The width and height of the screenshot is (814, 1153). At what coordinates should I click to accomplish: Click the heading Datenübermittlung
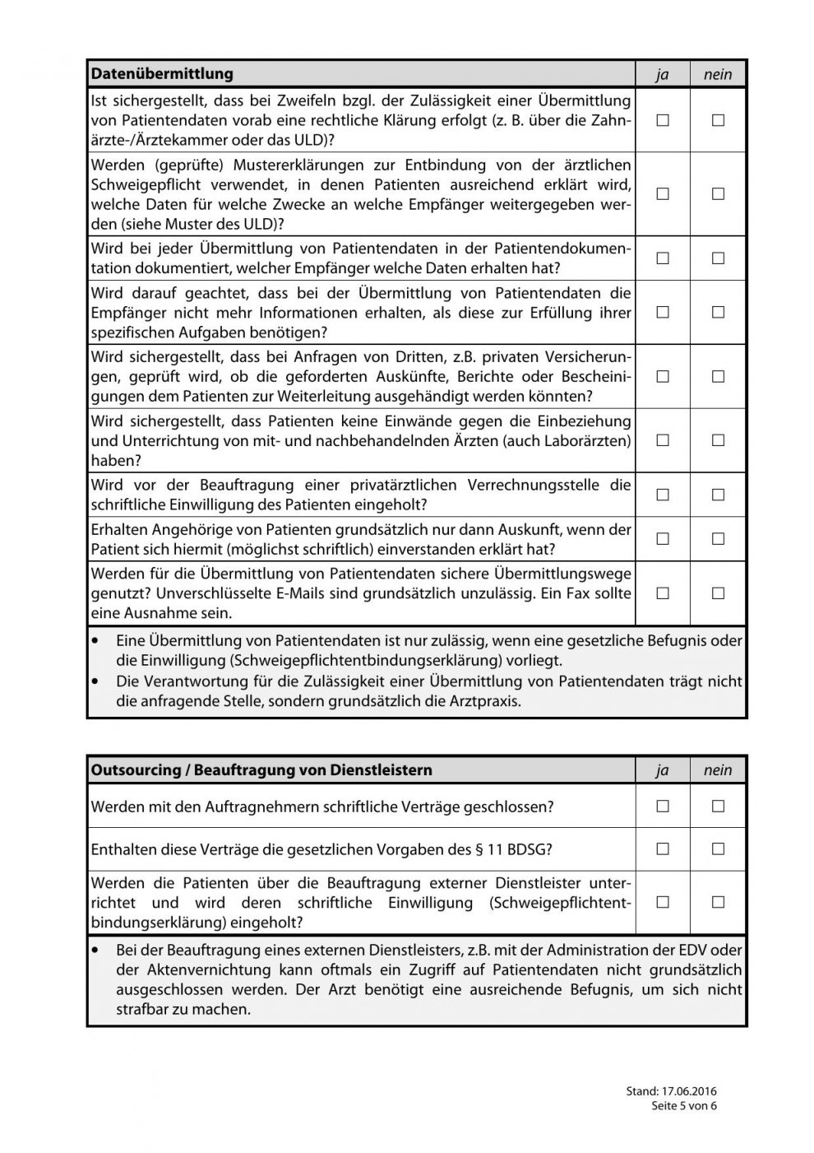coord(162,74)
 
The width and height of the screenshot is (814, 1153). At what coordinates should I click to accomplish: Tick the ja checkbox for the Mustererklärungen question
coord(663,194)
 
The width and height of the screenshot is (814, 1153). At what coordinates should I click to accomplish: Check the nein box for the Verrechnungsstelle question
coord(718,495)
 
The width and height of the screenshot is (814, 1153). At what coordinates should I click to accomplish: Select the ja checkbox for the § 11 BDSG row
coord(663,848)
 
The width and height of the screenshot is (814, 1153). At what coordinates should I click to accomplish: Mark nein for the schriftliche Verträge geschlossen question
coord(718,807)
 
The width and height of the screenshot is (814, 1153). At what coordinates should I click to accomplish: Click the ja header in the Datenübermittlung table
coord(663,75)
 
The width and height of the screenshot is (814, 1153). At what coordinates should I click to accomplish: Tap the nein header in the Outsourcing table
coord(718,770)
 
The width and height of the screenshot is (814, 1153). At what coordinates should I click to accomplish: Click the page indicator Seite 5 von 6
coord(684,1105)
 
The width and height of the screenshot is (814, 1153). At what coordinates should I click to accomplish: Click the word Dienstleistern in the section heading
coord(381,770)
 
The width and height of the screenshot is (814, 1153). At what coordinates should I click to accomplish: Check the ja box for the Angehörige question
coord(663,539)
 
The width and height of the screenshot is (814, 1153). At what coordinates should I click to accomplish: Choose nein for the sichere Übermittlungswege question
coord(718,593)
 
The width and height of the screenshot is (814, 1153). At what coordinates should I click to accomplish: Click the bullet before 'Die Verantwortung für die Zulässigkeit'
coord(99,681)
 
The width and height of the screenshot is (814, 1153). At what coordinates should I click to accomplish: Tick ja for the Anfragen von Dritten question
coord(663,376)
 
